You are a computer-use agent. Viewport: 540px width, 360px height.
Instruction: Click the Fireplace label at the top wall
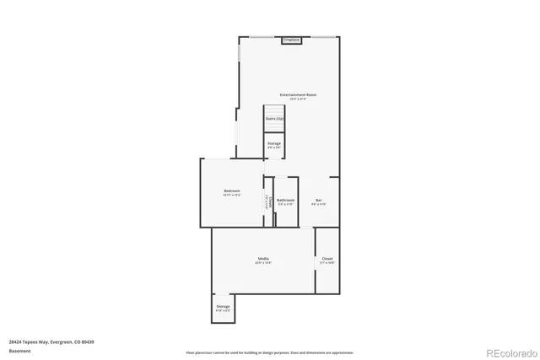coord(291,40)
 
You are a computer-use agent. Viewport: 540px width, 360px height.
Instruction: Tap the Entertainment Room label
coord(299,94)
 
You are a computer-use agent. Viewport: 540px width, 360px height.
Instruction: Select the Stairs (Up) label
coord(274,119)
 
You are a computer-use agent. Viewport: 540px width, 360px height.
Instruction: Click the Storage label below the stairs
coord(274,143)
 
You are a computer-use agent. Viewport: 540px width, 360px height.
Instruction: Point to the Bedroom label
coord(231,191)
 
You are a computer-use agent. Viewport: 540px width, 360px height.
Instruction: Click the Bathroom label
coord(285,200)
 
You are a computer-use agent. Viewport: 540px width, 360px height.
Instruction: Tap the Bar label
coord(319,200)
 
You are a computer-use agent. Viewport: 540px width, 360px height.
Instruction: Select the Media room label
coord(263,258)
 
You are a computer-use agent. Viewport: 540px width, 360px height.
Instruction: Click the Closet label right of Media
coord(327,259)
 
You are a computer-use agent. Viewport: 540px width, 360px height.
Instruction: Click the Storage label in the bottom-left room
coord(223,306)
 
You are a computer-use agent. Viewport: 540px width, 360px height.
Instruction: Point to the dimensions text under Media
coord(263,263)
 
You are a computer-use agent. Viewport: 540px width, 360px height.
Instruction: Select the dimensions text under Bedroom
coord(231,195)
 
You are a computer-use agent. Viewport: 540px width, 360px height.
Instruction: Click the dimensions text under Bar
coord(319,204)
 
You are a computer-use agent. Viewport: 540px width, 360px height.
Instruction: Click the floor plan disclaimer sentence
coord(270,352)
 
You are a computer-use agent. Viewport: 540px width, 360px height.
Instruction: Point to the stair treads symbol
coord(274,111)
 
